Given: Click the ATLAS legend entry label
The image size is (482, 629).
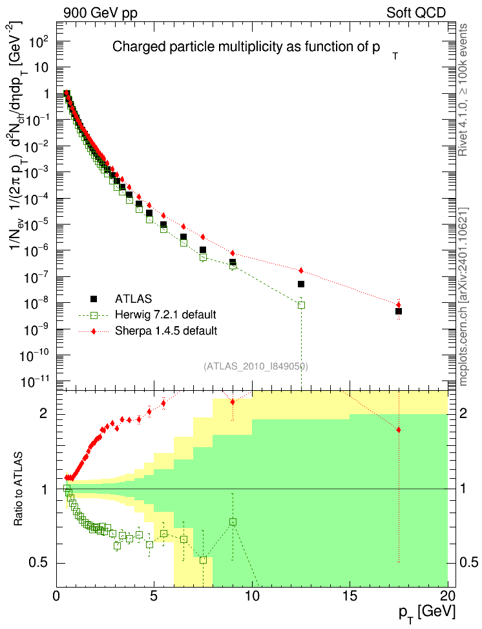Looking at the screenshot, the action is click(x=133, y=299).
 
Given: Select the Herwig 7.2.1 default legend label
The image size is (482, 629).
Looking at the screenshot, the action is click(x=165, y=314).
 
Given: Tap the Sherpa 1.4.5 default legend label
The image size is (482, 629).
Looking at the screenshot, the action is click(x=166, y=331).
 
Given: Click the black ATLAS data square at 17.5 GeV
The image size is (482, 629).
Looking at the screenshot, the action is click(x=398, y=311).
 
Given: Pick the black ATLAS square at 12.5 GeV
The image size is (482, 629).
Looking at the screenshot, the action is click(x=301, y=284).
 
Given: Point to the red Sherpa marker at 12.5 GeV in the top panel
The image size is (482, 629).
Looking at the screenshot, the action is click(x=301, y=270).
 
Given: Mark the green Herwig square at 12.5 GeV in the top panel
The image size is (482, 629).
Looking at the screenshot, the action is click(x=301, y=305).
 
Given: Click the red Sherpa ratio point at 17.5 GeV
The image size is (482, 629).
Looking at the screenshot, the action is click(x=398, y=430).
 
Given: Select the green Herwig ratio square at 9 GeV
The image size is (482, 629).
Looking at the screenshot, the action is click(x=233, y=522).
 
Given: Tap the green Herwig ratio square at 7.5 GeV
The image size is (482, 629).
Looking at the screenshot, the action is click(x=203, y=560).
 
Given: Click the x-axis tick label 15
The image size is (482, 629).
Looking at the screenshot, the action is click(x=350, y=596).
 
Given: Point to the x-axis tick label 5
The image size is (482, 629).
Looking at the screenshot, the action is click(x=154, y=596).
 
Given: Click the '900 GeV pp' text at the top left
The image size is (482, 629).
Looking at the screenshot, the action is click(x=100, y=13).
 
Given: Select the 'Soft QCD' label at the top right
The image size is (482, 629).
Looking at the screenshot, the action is click(x=416, y=13).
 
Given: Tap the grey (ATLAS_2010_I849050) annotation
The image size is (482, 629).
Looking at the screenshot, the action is click(x=256, y=366).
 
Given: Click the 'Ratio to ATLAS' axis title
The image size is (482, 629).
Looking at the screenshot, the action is click(x=18, y=489).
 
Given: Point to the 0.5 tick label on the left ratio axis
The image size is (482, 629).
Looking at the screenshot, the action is click(x=38, y=563).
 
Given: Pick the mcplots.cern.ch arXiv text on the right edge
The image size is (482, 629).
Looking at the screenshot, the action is click(x=463, y=296).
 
